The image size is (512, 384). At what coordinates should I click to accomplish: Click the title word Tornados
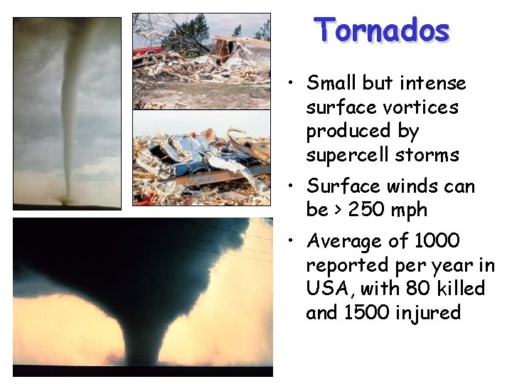(383, 31)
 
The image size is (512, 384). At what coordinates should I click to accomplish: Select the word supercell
(351, 155)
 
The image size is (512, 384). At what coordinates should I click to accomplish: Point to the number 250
(368, 210)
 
